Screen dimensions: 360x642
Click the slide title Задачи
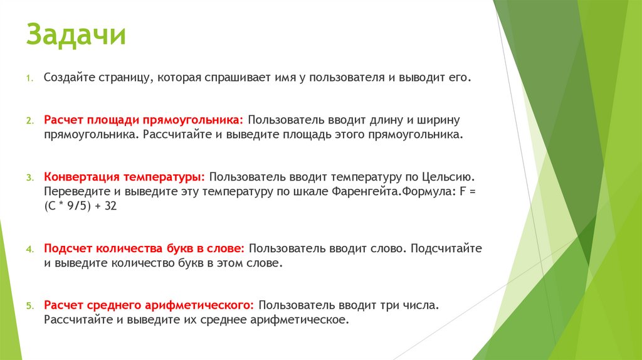click(x=76, y=36)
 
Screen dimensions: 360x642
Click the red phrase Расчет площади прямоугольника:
click(x=144, y=120)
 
